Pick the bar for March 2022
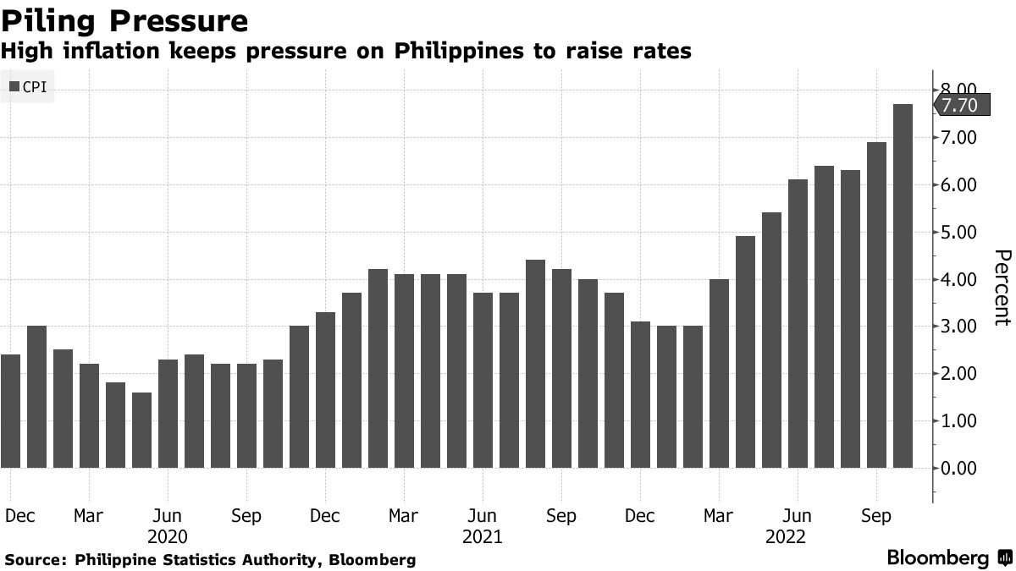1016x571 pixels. coord(719,373)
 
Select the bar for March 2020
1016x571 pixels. coord(89,415)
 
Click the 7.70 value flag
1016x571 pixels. coord(958,105)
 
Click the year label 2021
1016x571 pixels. coord(483,536)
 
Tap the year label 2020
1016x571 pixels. coord(168,536)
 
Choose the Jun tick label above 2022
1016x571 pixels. coord(797,516)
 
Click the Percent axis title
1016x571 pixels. coord(1002,288)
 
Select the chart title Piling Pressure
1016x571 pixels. coord(124,20)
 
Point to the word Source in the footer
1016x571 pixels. coord(34,559)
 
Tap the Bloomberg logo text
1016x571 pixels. coord(937,558)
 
